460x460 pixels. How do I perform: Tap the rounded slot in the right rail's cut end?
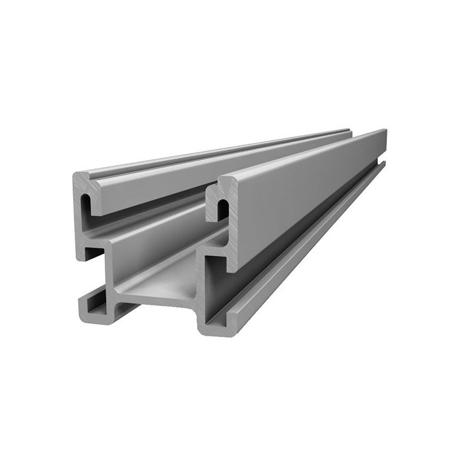point(222,208)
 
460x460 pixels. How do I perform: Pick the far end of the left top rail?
point(348,132)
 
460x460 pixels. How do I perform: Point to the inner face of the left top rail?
point(149,190)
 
